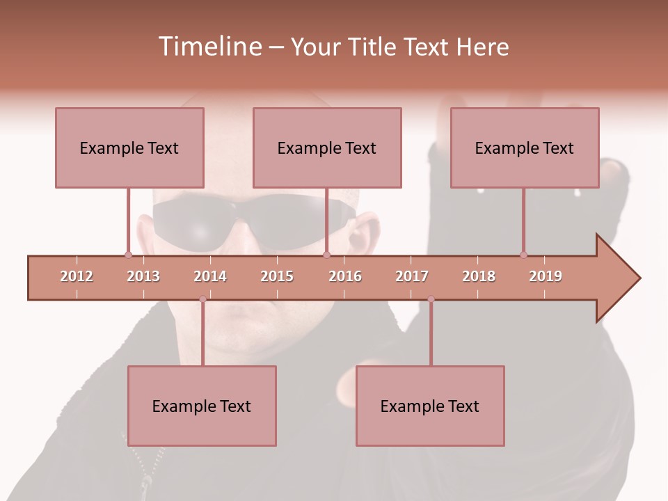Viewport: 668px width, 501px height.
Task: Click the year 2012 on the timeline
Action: pos(77,276)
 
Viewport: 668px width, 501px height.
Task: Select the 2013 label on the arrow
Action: pos(143,276)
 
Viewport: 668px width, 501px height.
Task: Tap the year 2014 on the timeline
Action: pos(210,276)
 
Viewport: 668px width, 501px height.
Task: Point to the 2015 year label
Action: pos(277,276)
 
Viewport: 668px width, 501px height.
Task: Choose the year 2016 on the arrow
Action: pos(345,276)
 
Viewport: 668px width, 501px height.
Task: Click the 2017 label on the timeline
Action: pos(412,276)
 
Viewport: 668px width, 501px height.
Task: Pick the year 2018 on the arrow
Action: pos(479,276)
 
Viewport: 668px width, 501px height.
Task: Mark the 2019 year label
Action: pos(546,276)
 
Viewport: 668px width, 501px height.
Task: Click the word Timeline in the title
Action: pos(208,47)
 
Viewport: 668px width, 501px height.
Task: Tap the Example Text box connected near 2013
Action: pos(129,148)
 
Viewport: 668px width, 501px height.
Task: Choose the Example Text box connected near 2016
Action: pos(327,148)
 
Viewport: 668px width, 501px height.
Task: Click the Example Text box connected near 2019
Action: pos(525,148)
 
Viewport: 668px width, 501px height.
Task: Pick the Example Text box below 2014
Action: pos(202,406)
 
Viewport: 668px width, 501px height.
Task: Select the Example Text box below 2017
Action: pos(430,406)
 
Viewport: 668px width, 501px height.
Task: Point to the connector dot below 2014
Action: pos(202,299)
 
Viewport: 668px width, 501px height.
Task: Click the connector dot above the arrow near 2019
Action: pos(523,255)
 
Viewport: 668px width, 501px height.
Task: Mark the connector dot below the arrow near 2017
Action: pos(431,299)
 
